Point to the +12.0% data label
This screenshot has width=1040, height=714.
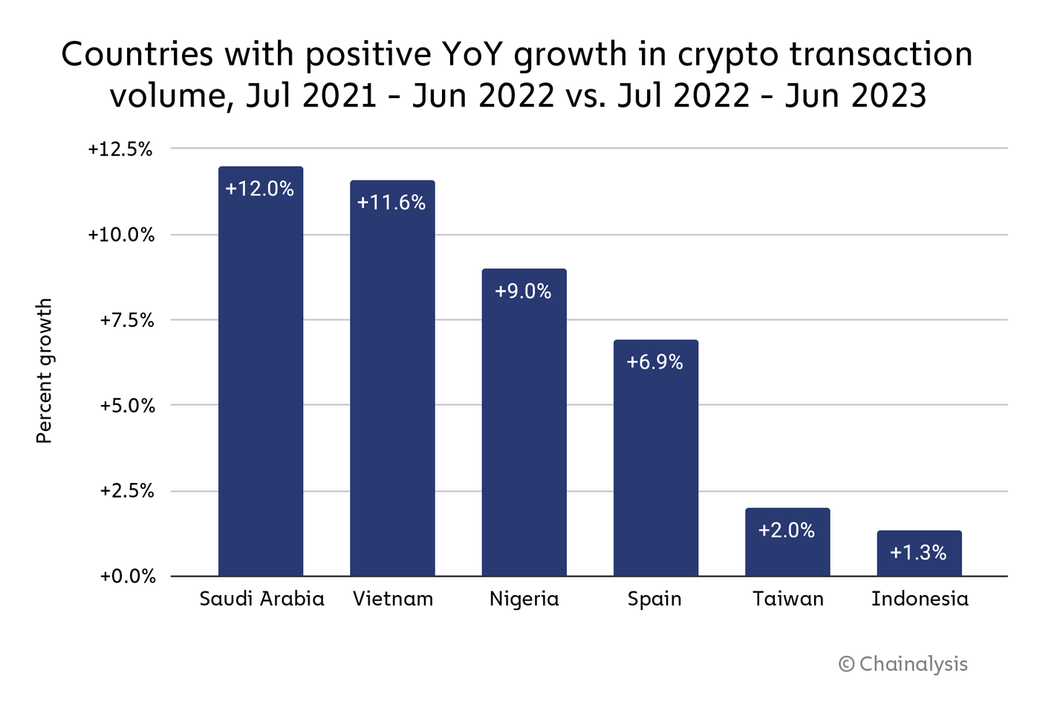(259, 189)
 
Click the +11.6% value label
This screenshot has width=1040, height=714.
(391, 203)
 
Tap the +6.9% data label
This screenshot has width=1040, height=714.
(654, 362)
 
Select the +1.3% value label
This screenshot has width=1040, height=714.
(918, 553)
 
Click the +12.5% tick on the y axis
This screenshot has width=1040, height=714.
(120, 149)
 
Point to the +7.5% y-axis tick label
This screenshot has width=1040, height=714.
(127, 320)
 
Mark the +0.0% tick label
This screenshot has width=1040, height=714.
(127, 577)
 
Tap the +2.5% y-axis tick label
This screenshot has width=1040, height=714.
(127, 491)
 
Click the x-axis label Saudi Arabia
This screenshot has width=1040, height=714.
(261, 599)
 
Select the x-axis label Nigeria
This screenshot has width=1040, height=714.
(524, 599)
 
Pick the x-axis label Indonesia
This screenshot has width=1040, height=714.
(920, 599)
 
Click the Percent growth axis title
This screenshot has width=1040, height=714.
(45, 371)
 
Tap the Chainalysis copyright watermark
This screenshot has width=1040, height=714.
(903, 663)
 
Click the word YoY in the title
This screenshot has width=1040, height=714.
(472, 55)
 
